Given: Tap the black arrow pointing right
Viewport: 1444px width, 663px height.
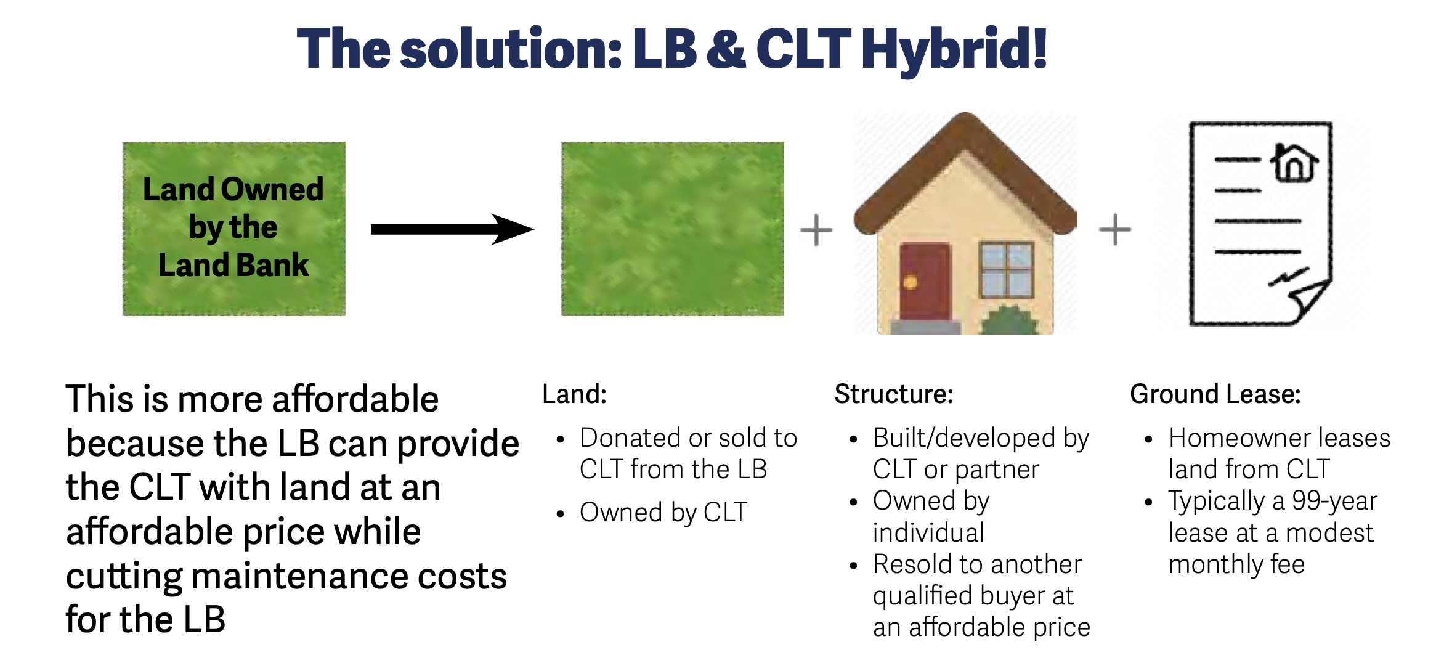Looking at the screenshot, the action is [452, 229].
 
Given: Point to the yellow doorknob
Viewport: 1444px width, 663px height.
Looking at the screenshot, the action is [910, 283].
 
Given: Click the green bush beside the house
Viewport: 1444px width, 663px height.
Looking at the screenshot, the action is [1008, 320].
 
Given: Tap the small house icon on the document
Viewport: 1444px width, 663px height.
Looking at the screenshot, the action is [1294, 163].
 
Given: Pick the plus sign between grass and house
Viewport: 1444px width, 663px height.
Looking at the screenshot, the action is [816, 230].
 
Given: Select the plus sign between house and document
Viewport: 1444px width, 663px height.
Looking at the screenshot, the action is [1115, 230].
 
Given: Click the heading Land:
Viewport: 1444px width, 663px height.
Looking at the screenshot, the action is [574, 394].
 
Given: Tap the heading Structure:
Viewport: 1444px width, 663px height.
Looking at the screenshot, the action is [894, 394].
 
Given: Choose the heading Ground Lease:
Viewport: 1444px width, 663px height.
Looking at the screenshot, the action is [1215, 394].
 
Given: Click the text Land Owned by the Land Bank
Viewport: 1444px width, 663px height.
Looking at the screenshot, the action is [233, 227].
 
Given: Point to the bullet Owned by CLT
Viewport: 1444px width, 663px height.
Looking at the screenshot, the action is [663, 513].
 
